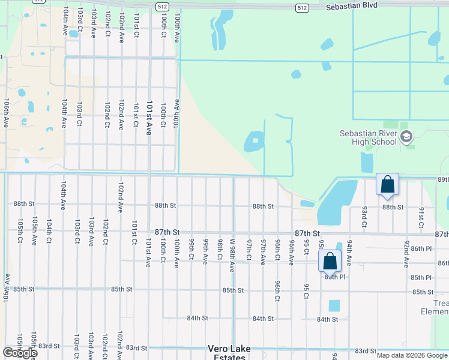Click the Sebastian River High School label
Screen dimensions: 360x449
coord(368,137)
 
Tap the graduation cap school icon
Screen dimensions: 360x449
coord(406,137)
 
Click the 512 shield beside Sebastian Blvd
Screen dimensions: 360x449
coord(302,7)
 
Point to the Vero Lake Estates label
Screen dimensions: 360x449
coord(229,353)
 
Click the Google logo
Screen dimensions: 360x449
coord(19,353)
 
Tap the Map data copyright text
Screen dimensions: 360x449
coord(412,355)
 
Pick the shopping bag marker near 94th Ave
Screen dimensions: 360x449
coord(330,260)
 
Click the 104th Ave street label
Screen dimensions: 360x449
coord(64,113)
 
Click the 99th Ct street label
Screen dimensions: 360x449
coord(191,248)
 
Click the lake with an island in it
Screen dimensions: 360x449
coord(254,142)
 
